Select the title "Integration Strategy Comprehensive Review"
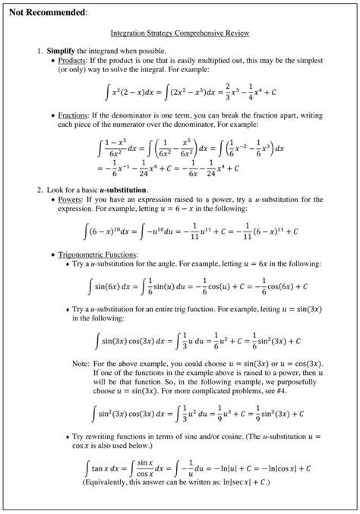(x=180, y=34)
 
